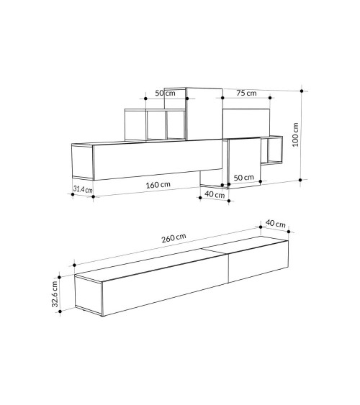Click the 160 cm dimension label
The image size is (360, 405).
tap(158, 185)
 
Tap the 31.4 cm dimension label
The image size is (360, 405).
tap(83, 189)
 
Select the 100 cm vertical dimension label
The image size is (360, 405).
tap(295, 135)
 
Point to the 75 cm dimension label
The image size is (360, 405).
tap(246, 93)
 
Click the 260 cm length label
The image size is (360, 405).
tap(174, 238)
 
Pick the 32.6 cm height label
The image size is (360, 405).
tap(55, 294)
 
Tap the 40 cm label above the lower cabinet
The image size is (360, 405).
tap(276, 223)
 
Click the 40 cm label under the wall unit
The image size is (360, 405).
tap(215, 194)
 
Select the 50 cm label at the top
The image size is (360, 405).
tap(165, 93)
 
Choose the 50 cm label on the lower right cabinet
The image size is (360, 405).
tap(243, 178)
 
